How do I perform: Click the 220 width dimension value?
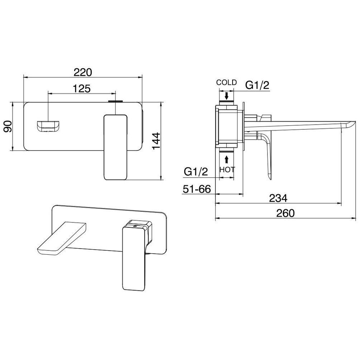(x=83, y=72)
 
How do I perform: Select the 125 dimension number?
(x=82, y=88)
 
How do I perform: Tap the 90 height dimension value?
(x=8, y=126)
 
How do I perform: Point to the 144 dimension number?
(x=156, y=141)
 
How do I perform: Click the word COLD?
(x=226, y=82)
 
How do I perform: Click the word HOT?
(x=227, y=169)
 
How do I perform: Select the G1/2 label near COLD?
(x=257, y=85)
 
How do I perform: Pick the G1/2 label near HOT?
(x=196, y=172)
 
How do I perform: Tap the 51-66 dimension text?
(x=197, y=189)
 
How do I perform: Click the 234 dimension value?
(x=278, y=198)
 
